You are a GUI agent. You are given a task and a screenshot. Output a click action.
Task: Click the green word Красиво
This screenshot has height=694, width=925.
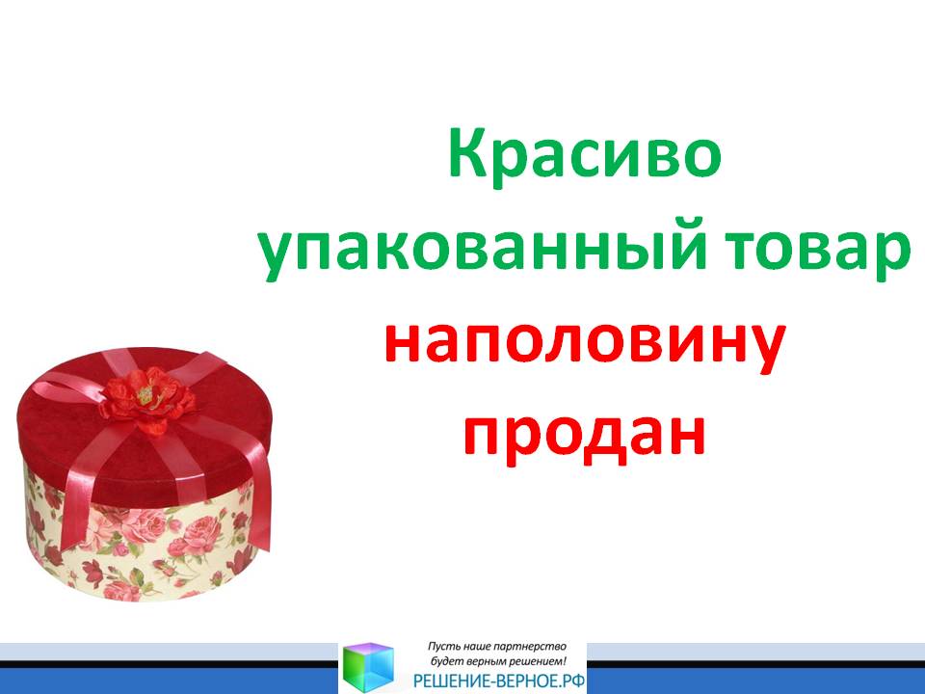click(584, 154)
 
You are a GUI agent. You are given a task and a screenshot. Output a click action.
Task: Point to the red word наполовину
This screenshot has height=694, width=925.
click(584, 345)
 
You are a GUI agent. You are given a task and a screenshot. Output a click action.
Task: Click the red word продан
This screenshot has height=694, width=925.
click(584, 433)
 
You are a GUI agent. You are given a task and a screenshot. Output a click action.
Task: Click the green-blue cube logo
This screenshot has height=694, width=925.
click(368, 667)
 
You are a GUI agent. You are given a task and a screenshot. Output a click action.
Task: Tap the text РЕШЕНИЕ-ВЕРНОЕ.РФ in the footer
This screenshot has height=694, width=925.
click(499, 681)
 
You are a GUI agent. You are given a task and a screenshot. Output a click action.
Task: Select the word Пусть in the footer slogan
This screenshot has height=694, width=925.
click(442, 647)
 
